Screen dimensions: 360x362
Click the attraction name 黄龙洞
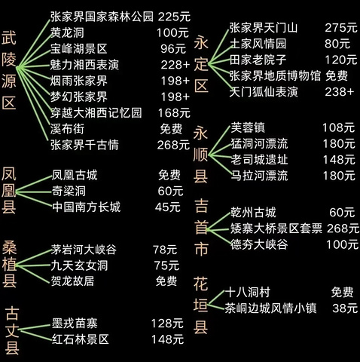click(x=67, y=32)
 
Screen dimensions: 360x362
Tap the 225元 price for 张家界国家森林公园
click(x=174, y=17)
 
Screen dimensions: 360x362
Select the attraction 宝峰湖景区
click(x=78, y=49)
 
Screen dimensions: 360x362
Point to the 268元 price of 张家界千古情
click(x=173, y=145)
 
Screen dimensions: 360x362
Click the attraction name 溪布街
click(x=67, y=129)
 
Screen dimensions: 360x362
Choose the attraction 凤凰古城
click(x=75, y=175)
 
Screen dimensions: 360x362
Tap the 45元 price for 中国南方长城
click(x=168, y=207)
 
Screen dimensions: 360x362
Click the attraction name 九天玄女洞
click(x=79, y=265)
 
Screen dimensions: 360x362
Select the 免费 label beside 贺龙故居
click(x=166, y=281)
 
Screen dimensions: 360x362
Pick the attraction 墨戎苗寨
click(x=75, y=324)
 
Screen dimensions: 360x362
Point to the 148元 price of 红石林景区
click(x=167, y=339)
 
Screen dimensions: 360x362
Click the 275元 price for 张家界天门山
click(x=341, y=28)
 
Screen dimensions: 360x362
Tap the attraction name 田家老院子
click(x=258, y=60)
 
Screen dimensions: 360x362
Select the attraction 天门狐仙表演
click(x=264, y=92)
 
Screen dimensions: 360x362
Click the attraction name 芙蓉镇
click(x=248, y=127)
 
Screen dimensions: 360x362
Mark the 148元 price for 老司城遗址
click(x=339, y=160)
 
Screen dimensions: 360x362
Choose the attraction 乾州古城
click(x=253, y=213)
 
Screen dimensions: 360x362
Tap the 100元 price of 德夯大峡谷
click(x=342, y=244)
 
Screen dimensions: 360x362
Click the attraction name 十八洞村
click(x=248, y=292)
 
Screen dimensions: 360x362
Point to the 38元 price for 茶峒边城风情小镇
click(x=345, y=308)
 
